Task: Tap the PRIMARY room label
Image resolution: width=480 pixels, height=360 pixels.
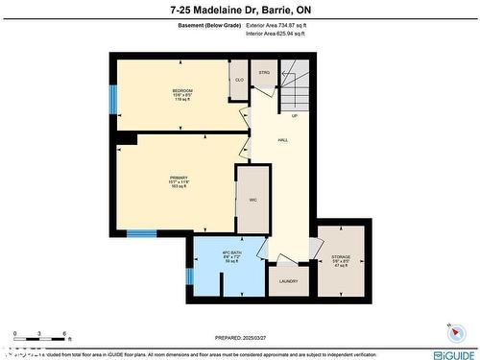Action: click(x=179, y=178)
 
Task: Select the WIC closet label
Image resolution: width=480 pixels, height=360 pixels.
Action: click(x=252, y=200)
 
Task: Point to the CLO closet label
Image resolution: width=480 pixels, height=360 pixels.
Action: click(x=239, y=80)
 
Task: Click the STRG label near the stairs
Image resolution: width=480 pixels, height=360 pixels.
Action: click(x=264, y=72)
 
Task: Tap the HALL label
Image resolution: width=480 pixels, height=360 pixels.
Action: click(x=283, y=140)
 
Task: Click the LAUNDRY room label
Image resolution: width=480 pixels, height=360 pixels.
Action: click(x=288, y=281)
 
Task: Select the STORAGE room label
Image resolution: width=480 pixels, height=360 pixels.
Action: click(x=341, y=255)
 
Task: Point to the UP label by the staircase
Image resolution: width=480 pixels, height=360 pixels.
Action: click(x=295, y=116)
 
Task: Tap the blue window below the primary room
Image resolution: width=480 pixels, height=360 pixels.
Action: click(x=142, y=233)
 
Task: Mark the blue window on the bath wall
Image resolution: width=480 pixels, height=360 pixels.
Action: click(x=189, y=276)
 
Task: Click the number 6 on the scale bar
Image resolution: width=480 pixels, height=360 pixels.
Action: click(x=63, y=334)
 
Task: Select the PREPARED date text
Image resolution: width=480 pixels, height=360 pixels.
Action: click(x=239, y=338)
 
